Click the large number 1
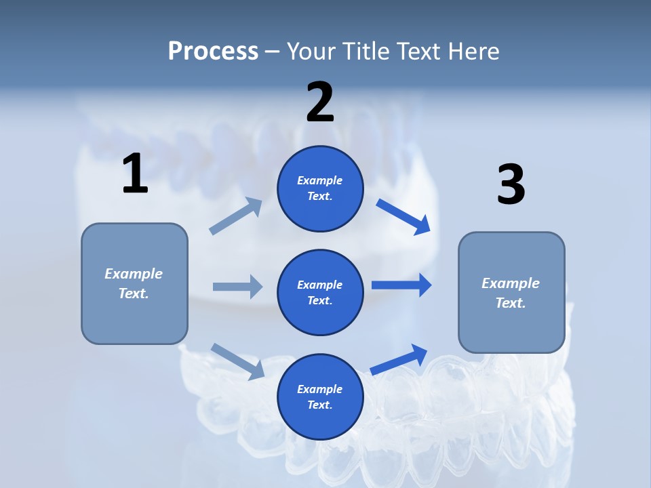[135, 174]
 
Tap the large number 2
[320, 102]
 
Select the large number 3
[511, 185]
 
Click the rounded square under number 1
[134, 283]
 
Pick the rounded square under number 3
[511, 293]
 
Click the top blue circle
[320, 188]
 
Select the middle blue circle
[320, 292]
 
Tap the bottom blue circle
[320, 396]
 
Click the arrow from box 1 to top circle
[236, 216]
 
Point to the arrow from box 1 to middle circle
[237, 287]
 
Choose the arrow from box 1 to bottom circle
[237, 361]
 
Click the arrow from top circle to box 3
[403, 216]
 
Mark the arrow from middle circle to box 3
[401, 285]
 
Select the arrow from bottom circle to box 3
[399, 360]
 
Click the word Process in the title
[213, 51]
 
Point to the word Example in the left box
[134, 274]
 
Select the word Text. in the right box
[511, 303]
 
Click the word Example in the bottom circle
[320, 389]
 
